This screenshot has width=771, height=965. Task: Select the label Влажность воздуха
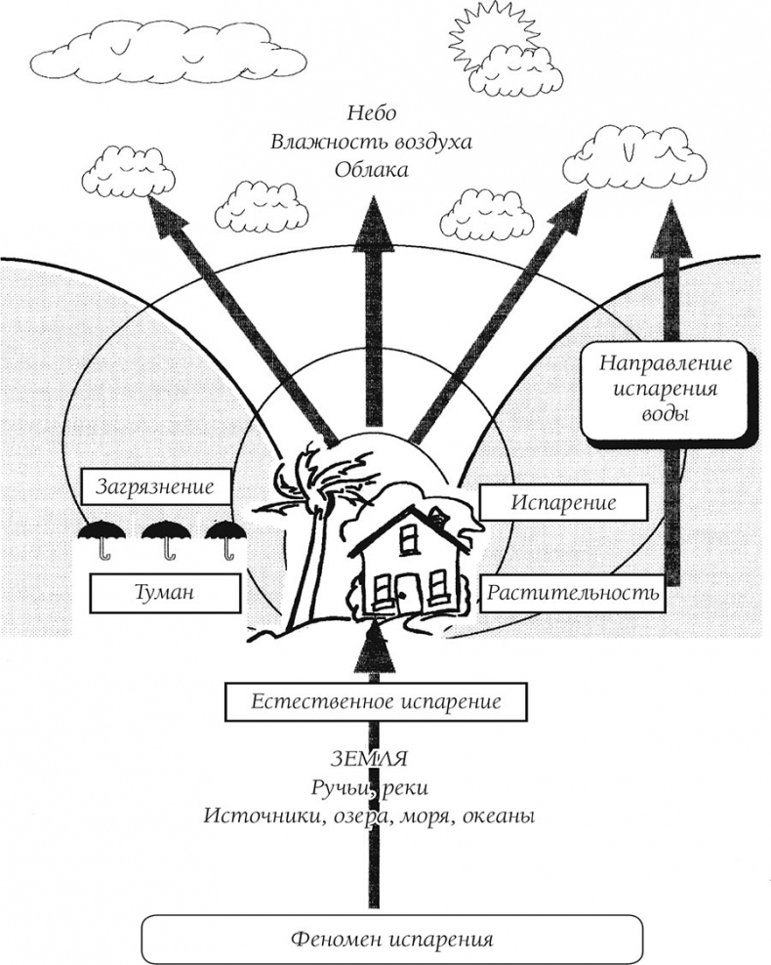(x=371, y=141)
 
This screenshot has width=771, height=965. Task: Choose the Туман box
(x=164, y=593)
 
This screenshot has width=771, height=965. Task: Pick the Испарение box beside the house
(x=563, y=504)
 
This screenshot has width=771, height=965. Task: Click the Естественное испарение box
(x=376, y=701)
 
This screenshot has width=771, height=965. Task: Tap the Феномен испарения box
(x=392, y=941)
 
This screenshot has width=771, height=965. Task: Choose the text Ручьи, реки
(x=370, y=787)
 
